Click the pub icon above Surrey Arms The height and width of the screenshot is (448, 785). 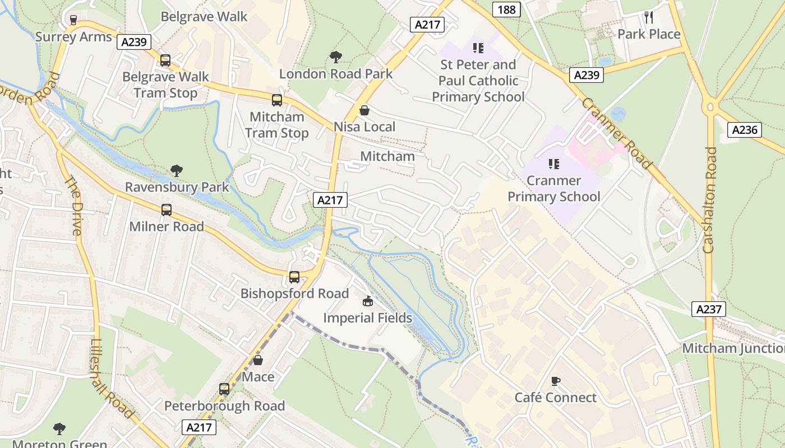click(x=73, y=20)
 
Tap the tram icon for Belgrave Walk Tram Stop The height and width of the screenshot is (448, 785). click(x=165, y=60)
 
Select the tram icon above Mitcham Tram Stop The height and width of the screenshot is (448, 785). click(x=277, y=100)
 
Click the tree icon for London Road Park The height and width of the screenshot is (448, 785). click(x=336, y=57)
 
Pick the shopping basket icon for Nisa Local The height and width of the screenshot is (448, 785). click(x=364, y=110)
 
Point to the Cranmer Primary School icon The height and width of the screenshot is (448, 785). click(x=554, y=164)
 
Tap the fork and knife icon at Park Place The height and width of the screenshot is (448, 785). click(x=649, y=17)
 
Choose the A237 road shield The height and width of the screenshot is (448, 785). click(x=709, y=309)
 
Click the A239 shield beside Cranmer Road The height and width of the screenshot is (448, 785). click(x=586, y=75)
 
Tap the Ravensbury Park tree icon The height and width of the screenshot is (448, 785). click(x=177, y=170)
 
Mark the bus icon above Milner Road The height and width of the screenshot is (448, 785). click(x=167, y=210)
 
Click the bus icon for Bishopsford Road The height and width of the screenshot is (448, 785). click(x=294, y=277)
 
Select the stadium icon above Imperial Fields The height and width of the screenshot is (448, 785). click(x=367, y=302)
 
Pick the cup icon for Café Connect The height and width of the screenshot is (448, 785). click(x=556, y=381)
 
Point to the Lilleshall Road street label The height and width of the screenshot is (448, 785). click(x=112, y=379)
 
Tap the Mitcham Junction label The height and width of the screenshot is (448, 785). click(x=733, y=348)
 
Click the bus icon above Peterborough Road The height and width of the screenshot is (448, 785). click(x=224, y=389)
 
